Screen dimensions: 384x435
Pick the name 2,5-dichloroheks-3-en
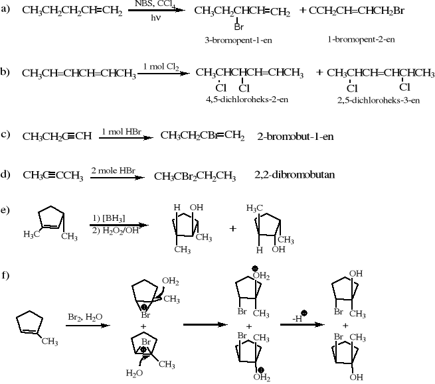click(x=379, y=100)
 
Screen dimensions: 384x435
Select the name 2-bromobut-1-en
click(x=295, y=136)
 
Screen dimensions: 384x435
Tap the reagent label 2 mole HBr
click(x=114, y=170)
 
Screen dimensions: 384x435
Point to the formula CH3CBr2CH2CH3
click(x=195, y=176)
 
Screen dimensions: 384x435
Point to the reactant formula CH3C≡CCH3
click(x=52, y=175)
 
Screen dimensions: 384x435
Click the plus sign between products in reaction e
click(x=233, y=229)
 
